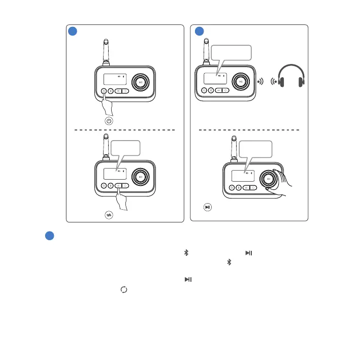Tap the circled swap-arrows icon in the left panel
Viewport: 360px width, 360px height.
(x=108, y=215)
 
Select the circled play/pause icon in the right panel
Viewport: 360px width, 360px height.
(x=207, y=207)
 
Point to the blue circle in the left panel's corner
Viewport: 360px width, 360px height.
(x=73, y=31)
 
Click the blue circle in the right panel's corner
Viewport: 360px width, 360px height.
(x=200, y=31)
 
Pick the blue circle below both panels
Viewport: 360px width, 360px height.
(x=47, y=237)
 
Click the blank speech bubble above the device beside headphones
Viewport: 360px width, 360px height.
(x=231, y=53)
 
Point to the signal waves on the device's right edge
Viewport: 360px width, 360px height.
(x=260, y=81)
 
